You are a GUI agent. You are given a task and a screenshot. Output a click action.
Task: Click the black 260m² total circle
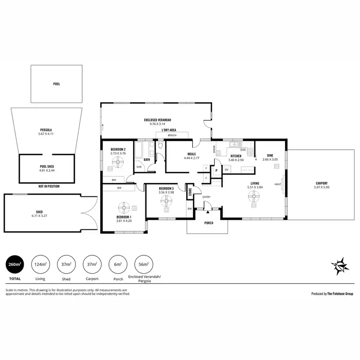[14, 264]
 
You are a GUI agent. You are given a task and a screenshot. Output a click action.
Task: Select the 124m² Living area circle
[40, 264]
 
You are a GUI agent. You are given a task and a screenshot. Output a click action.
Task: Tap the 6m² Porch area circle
[118, 264]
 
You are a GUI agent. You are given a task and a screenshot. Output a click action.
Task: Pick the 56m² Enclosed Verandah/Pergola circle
[144, 264]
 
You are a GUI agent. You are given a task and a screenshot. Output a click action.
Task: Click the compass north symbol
[339, 264]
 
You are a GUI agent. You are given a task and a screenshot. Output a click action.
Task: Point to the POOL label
[57, 84]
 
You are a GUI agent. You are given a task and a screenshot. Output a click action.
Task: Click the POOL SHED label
[47, 166]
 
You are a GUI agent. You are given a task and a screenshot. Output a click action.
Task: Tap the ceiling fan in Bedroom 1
[124, 207]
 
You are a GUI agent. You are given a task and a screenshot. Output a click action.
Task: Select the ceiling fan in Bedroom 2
[118, 163]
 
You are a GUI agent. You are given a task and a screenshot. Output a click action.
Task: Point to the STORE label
[190, 192]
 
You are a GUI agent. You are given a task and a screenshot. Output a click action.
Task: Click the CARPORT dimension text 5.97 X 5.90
[321, 187]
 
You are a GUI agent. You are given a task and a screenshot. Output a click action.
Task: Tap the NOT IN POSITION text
[49, 186]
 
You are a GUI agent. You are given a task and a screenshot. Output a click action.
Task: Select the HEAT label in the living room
[277, 184]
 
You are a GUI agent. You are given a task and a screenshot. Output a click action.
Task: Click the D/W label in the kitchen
[242, 150]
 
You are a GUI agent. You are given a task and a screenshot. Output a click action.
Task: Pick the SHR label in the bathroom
[139, 167]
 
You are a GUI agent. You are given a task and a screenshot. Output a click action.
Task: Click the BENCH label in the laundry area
[172, 136]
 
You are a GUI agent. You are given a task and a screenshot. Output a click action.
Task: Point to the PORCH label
[209, 223]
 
